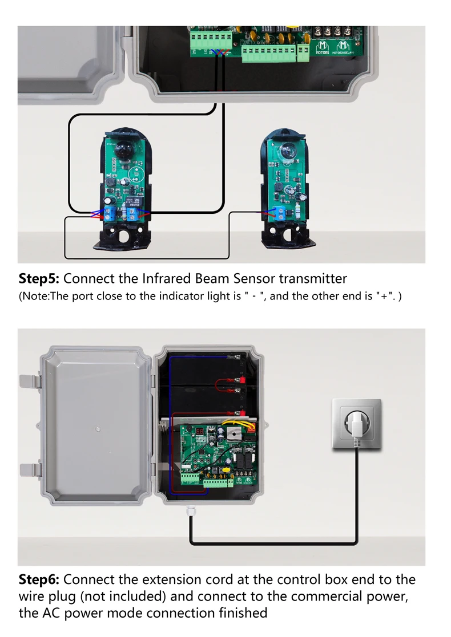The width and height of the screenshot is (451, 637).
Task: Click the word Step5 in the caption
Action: tap(39, 279)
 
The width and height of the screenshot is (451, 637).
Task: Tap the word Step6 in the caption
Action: tap(39, 580)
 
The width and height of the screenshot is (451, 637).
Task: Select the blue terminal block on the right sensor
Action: tap(282, 214)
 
